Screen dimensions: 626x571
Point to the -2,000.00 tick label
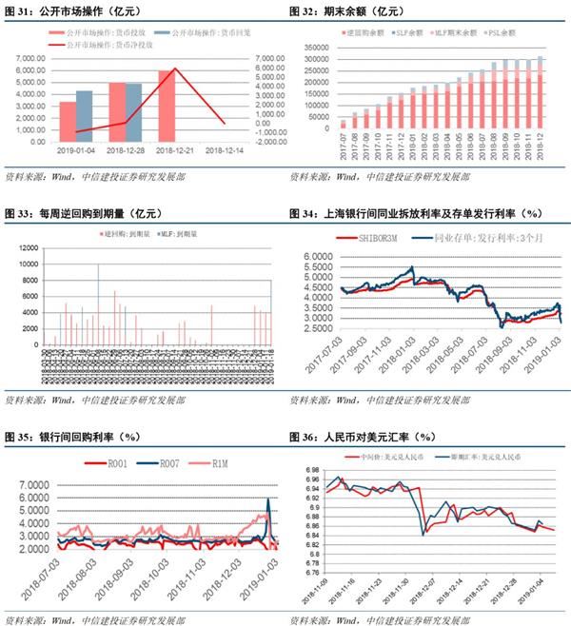click(272, 137)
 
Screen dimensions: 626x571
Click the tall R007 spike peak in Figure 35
click(269, 500)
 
